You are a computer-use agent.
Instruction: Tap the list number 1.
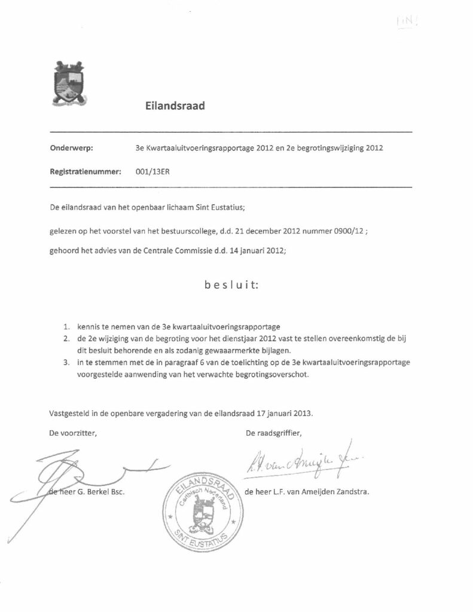coord(66,326)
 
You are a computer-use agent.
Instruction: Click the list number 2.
coord(66,339)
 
